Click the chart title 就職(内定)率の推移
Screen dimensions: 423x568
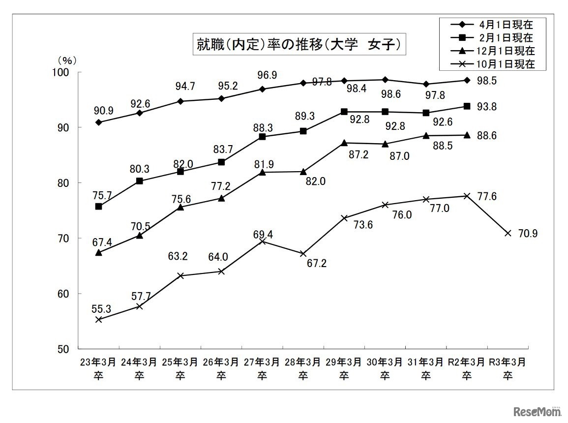point(299,45)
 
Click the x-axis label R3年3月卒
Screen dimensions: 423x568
point(508,368)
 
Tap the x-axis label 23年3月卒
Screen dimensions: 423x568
point(98,368)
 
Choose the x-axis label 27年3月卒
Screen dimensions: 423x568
point(262,368)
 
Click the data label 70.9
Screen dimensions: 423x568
point(528,234)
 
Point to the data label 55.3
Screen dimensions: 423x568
point(101,308)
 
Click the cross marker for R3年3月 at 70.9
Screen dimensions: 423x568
point(508,233)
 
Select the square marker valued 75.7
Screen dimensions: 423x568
point(98,207)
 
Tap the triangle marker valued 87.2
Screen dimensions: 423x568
point(344,143)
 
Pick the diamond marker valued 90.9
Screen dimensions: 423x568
point(98,122)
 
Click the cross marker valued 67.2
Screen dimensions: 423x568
point(303,254)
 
